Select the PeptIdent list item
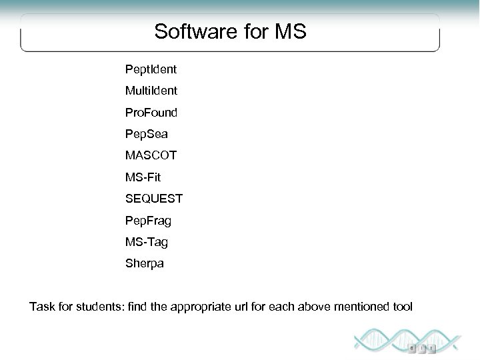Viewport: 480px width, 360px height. [x=151, y=69]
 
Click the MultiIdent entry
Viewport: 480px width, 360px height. [x=151, y=91]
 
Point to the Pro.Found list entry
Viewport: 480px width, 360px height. [x=151, y=112]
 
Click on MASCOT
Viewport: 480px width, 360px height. [x=151, y=156]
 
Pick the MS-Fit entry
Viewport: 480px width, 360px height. [x=143, y=177]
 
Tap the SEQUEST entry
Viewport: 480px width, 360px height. [x=154, y=199]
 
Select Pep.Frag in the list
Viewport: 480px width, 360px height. [x=148, y=221]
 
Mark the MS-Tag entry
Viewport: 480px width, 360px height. [x=147, y=242]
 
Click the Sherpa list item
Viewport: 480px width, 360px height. [x=144, y=263]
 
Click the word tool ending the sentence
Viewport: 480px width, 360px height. [x=403, y=307]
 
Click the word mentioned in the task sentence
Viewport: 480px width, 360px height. [x=363, y=307]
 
